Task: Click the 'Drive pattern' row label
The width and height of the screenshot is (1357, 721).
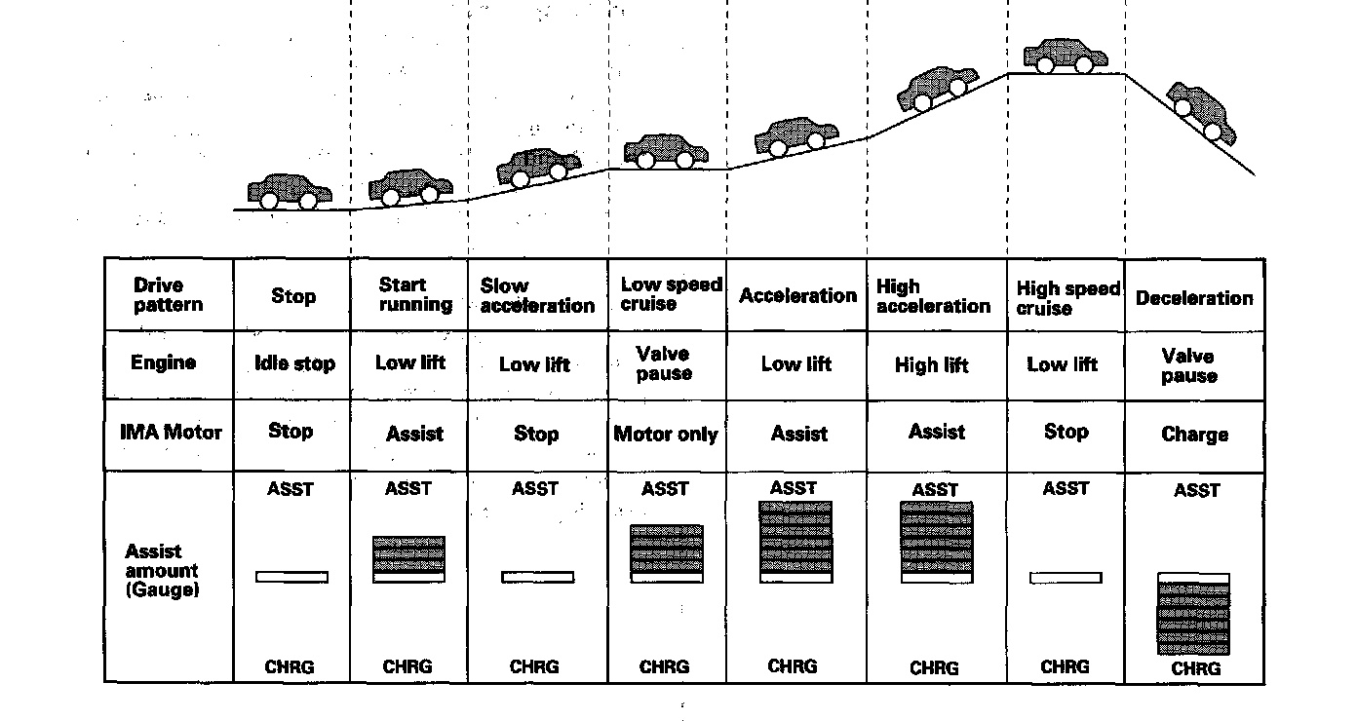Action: point(169,294)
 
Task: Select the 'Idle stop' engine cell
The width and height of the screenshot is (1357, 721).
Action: point(293,363)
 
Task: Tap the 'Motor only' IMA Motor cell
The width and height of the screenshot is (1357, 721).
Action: point(666,435)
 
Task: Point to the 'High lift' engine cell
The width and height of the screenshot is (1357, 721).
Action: point(932,365)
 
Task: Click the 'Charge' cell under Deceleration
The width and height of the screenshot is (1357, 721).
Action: point(1194,435)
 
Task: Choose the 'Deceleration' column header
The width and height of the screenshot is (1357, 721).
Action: point(1194,297)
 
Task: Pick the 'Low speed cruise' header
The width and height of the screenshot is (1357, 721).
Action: point(671,293)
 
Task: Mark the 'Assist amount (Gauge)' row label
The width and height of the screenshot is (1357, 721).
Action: point(162,570)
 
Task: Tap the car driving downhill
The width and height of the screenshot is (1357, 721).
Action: point(1201,111)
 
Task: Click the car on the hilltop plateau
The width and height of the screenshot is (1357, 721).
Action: point(1066,57)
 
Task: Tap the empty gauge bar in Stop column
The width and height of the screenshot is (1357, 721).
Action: point(291,577)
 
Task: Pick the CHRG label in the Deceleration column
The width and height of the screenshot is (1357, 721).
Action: point(1195,669)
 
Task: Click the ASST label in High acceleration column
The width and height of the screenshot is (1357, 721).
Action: point(935,490)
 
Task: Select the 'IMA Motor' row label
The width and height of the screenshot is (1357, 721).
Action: point(171,431)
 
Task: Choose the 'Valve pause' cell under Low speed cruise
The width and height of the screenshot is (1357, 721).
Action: point(663,363)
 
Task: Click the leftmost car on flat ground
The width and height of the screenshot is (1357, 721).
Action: point(289,192)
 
